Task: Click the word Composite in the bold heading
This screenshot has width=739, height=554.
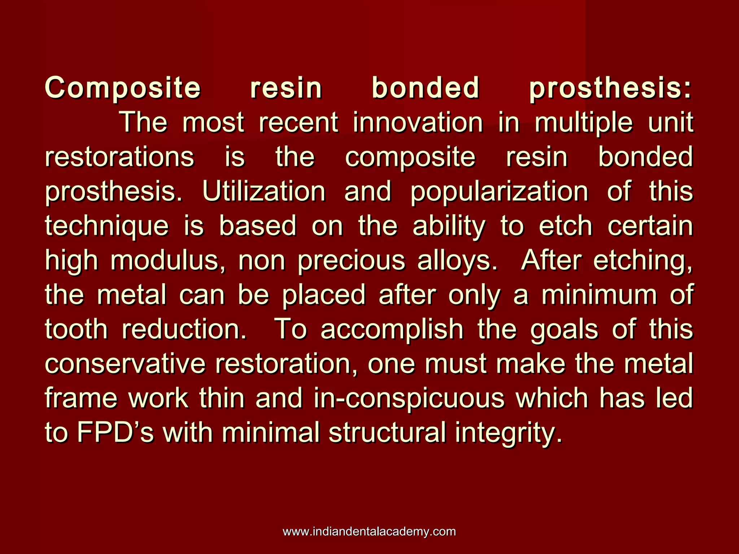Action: (x=123, y=88)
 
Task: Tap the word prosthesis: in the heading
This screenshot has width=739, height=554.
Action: (x=611, y=88)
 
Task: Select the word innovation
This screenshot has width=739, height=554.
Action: (x=418, y=123)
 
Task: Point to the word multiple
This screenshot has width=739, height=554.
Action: (x=583, y=123)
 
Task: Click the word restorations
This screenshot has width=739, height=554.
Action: (x=119, y=157)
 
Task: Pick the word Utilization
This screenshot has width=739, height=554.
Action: (x=264, y=192)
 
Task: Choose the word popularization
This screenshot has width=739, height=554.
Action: (x=499, y=192)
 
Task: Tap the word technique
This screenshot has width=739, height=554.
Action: (x=107, y=226)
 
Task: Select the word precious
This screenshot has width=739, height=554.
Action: (x=352, y=260)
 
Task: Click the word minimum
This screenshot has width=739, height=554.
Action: (x=599, y=295)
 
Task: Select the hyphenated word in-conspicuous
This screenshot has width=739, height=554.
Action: (x=409, y=399)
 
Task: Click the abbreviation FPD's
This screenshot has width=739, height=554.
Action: (x=115, y=433)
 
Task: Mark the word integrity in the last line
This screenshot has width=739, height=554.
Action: (x=508, y=433)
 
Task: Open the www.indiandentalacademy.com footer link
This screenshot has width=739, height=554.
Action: (x=369, y=531)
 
